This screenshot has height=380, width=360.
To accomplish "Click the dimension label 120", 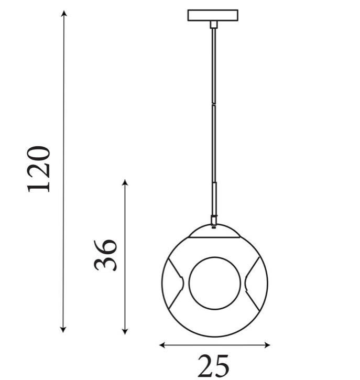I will (x=39, y=169).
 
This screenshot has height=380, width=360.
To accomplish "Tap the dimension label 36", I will (x=106, y=255).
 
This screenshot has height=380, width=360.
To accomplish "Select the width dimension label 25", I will (x=213, y=365).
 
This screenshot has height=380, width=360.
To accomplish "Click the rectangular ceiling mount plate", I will (x=213, y=15).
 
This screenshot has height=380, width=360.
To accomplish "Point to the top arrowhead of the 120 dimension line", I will (x=64, y=13).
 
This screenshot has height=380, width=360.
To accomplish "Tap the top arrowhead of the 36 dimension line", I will (x=125, y=183).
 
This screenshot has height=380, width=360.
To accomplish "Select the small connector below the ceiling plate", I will (x=213, y=25).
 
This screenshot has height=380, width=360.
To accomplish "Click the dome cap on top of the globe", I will (x=214, y=231).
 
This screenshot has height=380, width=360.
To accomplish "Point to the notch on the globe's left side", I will (x=180, y=283).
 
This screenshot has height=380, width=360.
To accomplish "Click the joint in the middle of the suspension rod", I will (x=213, y=105).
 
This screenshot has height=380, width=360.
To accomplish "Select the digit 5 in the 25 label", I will (x=222, y=365).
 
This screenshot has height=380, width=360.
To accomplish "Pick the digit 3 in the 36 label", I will (x=106, y=263).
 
